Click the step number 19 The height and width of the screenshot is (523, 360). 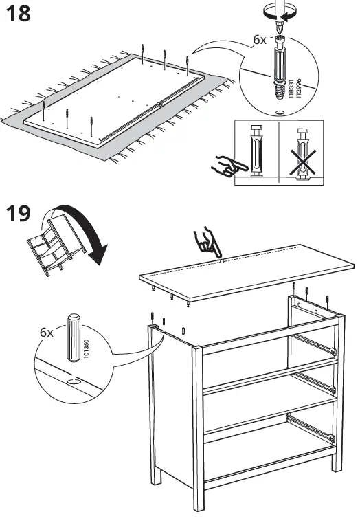pyautogui.click(x=19, y=213)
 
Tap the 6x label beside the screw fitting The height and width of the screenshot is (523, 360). pyautogui.click(x=260, y=40)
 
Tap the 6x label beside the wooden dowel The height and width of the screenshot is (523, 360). pyautogui.click(x=46, y=332)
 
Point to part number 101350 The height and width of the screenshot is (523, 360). pyautogui.click(x=87, y=349)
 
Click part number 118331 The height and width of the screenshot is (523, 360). pyautogui.click(x=291, y=89)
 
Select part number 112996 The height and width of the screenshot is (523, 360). pyautogui.click(x=299, y=89)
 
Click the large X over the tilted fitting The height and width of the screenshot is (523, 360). pyautogui.click(x=303, y=162)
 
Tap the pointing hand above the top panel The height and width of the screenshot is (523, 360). pyautogui.click(x=207, y=241)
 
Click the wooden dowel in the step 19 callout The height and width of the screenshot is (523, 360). pyautogui.click(x=74, y=337)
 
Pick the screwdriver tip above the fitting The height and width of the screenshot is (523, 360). pyautogui.click(x=280, y=26)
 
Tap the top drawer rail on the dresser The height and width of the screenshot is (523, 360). pyautogui.click(x=315, y=343)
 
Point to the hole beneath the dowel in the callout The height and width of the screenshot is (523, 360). pyautogui.click(x=74, y=381)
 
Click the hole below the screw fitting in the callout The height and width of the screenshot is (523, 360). pyautogui.click(x=280, y=113)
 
